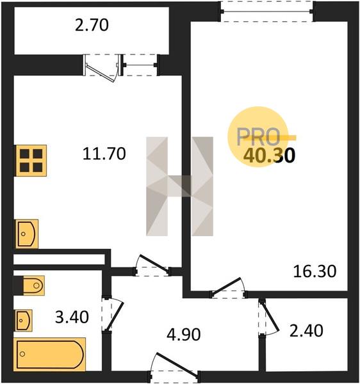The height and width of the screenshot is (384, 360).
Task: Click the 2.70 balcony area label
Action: tap(92, 26)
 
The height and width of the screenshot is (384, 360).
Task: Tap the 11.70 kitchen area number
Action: tap(104, 154)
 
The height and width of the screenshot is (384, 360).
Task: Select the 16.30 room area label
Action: tap(315, 271)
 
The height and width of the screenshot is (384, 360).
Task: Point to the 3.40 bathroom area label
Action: tap(72, 317)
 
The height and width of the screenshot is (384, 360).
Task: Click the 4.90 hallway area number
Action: tap(184, 335)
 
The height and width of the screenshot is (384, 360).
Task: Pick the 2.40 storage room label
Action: tap(306, 331)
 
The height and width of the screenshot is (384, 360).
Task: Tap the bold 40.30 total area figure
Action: tap(270, 156)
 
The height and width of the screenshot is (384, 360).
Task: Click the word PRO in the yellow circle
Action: tap(258, 137)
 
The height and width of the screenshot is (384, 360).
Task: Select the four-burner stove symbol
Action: tap(31, 161)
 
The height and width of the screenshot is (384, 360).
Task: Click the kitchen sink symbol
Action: tap(27, 234)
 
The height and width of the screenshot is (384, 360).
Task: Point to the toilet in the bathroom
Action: tap(33, 285)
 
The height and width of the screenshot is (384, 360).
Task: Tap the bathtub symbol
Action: tap(50, 354)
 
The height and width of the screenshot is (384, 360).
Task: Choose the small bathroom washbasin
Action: tap(24, 321)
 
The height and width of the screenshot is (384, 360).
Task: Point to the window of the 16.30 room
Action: tap(266, 12)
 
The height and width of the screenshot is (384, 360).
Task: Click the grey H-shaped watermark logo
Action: tap(179, 186)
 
